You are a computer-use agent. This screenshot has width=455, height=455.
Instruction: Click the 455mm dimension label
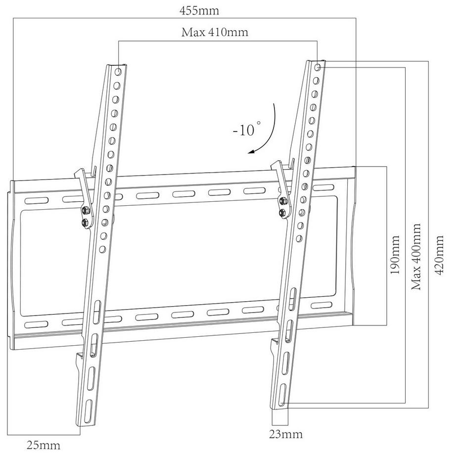199,11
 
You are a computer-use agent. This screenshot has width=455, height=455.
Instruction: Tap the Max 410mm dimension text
215,32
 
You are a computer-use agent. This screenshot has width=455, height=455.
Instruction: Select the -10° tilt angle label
247,130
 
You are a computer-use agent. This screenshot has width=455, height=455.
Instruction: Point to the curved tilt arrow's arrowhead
250,151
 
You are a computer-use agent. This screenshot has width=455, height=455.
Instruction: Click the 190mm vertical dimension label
395,255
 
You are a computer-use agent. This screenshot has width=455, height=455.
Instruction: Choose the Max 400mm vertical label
416,257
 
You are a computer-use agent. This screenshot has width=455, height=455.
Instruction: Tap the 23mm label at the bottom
286,434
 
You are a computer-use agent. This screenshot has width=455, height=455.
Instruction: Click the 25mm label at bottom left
44,445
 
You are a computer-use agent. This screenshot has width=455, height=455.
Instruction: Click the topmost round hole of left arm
118,71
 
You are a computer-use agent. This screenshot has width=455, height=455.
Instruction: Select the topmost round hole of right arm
318,68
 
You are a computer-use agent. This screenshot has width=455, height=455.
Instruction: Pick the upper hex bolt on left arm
86,210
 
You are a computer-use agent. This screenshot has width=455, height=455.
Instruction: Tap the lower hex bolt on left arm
84,223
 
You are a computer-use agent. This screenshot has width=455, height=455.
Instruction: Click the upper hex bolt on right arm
282,200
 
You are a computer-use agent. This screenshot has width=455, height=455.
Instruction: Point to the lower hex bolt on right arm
281,213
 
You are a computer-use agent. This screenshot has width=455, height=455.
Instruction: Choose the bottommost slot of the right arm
282,395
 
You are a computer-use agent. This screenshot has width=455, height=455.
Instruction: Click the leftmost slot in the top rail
37,201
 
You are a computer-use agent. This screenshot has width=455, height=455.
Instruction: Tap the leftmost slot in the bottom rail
36,324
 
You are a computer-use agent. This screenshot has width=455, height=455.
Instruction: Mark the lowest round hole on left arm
102,249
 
